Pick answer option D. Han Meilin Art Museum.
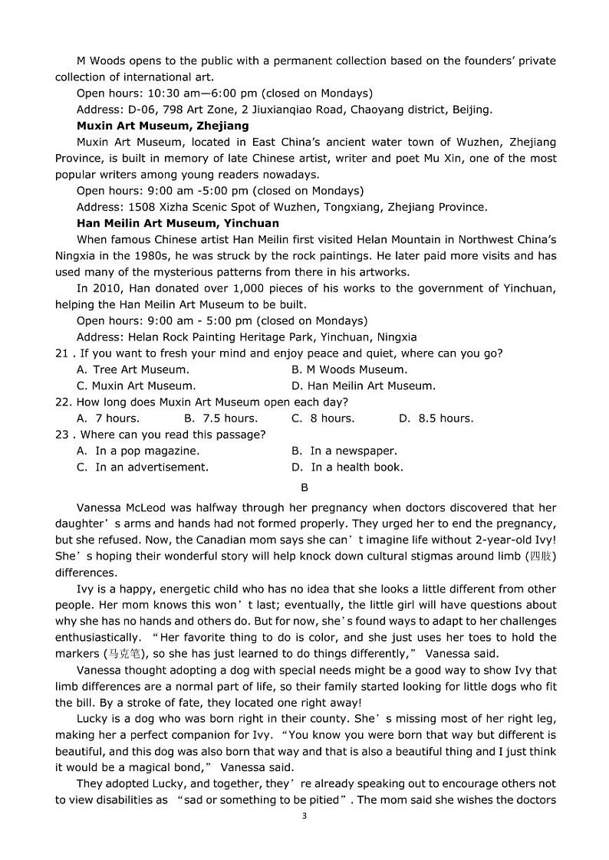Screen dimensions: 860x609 364,386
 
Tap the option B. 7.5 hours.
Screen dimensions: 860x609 221,419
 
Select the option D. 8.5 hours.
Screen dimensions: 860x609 436,419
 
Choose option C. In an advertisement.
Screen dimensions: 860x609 143,467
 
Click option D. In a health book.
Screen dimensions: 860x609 347,467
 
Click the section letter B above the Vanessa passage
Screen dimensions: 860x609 304,487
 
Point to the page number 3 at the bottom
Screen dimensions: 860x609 304,816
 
